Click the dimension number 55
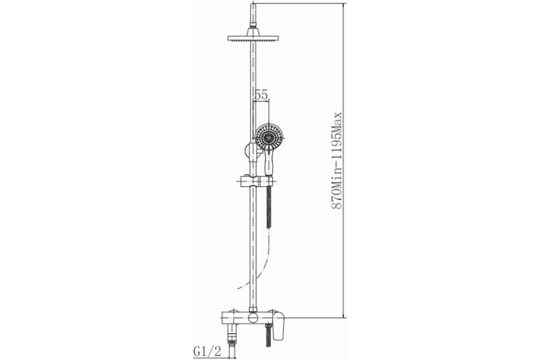point(261,94)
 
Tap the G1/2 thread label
point(207,352)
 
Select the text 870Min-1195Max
point(337,160)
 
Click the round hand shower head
point(269,138)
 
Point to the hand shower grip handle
point(269,162)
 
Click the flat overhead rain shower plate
point(253,38)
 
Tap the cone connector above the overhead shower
point(253,31)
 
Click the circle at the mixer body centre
point(253,318)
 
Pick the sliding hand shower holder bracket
point(256,181)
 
